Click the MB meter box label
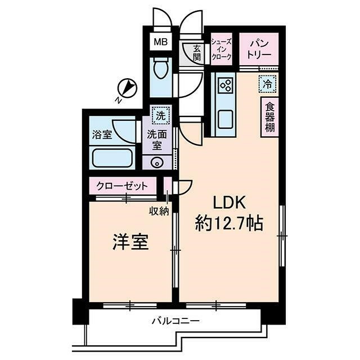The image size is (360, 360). (x=161, y=42)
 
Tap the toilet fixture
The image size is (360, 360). (x=161, y=70)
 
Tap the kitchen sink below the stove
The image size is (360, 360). (x=226, y=119)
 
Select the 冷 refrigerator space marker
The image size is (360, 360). (x=267, y=84)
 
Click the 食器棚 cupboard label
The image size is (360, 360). (x=270, y=117)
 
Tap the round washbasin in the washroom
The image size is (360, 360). (x=157, y=163)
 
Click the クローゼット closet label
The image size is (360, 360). (x=122, y=186)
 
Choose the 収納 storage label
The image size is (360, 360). (x=159, y=211)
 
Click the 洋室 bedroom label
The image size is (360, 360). (x=130, y=243)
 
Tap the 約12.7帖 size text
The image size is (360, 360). (x=229, y=224)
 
